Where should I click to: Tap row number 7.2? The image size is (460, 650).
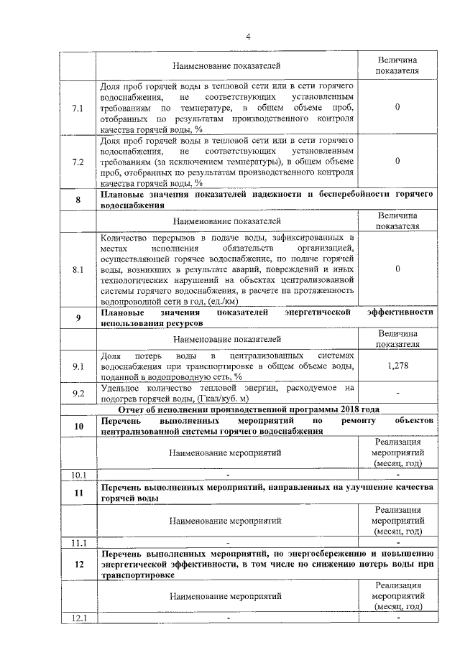pyautogui.click(x=78, y=162)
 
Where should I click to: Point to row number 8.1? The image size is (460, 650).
pyautogui.click(x=78, y=269)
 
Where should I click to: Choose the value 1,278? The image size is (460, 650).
pyautogui.click(x=397, y=366)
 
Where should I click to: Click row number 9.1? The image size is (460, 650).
pyautogui.click(x=78, y=366)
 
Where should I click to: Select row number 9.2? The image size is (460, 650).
pyautogui.click(x=78, y=392)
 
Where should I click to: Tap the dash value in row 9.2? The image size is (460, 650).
pyautogui.click(x=397, y=392)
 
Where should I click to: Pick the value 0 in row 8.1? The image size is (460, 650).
pyautogui.click(x=397, y=269)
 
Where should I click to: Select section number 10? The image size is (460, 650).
pyautogui.click(x=78, y=425)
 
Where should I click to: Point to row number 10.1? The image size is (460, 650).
pyautogui.click(x=78, y=475)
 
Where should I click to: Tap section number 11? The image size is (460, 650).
pyautogui.click(x=78, y=493)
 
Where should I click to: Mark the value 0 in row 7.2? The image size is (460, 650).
pyautogui.click(x=397, y=162)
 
